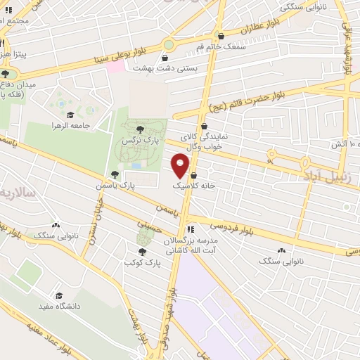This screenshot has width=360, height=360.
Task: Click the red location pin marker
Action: [181, 166]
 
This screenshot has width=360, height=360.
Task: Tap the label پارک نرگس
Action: [139, 141]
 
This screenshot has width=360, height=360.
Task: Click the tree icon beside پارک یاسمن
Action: [115, 174]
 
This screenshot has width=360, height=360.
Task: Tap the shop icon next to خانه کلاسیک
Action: [193, 176]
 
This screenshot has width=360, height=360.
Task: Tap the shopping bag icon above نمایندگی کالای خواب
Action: [204, 127]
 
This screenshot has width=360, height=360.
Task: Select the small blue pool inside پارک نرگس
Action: [135, 165]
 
